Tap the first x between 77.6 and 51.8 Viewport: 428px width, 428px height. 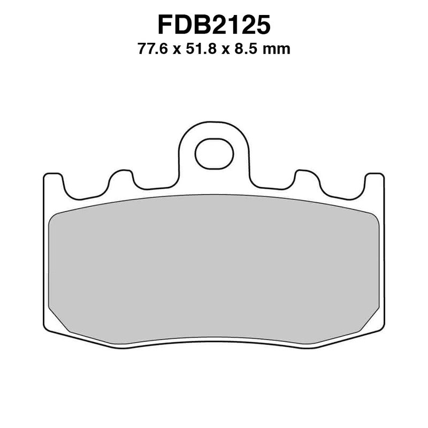175,51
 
